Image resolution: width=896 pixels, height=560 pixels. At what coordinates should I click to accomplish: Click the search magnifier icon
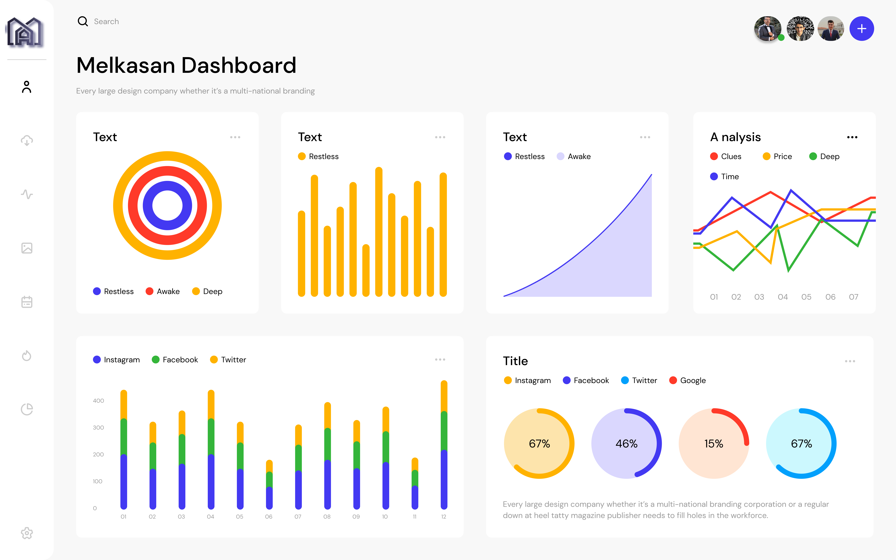(83, 21)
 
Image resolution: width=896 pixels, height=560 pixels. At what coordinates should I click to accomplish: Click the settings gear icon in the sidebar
(27, 533)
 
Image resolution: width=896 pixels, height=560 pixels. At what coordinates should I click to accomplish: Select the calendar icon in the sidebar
(27, 302)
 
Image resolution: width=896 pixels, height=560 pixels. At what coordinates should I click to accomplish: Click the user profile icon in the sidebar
(27, 87)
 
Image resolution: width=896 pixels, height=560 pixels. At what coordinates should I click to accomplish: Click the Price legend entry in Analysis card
(778, 156)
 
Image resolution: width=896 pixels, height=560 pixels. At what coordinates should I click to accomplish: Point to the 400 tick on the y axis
(98, 401)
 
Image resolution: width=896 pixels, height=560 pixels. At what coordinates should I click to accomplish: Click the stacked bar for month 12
(444, 445)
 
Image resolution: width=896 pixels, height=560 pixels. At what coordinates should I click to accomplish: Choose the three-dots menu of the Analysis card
(852, 137)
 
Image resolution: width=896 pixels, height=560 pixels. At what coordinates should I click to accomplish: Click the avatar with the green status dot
(767, 29)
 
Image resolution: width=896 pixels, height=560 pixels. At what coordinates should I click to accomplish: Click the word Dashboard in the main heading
(239, 66)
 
